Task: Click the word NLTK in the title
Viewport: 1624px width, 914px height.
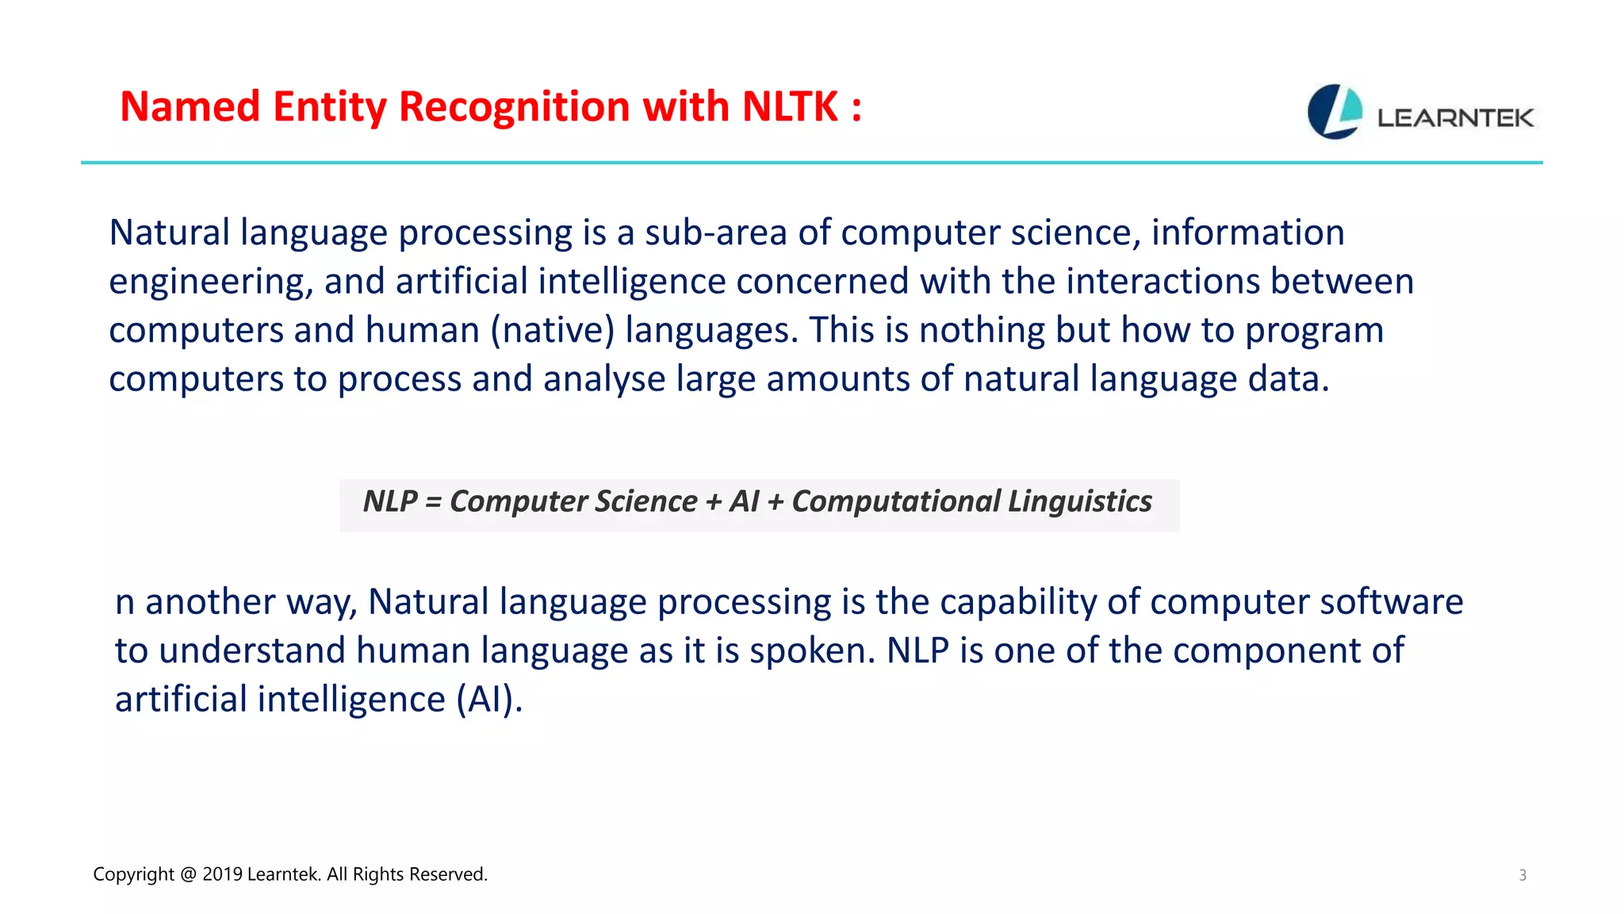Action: (790, 107)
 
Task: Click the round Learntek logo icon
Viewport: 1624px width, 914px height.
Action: (1335, 112)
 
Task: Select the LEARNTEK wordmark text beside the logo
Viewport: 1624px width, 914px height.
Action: (1455, 119)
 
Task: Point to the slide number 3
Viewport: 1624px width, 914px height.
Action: (1522, 875)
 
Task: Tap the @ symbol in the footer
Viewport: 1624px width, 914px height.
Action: (188, 874)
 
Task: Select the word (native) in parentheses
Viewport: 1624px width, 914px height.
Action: (553, 331)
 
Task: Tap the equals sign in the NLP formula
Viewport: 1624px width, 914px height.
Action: (433, 501)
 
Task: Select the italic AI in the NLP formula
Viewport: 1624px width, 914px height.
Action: (744, 501)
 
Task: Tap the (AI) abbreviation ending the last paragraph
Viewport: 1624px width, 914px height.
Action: (489, 700)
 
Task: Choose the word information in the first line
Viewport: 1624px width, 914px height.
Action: (1247, 233)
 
